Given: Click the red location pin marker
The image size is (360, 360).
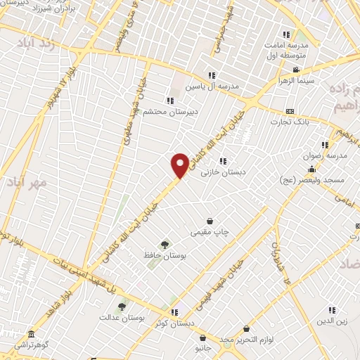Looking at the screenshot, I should (x=180, y=165).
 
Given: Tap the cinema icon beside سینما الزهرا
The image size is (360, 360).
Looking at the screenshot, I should (x=296, y=70).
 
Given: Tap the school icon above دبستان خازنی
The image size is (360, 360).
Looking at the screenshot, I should (x=223, y=161).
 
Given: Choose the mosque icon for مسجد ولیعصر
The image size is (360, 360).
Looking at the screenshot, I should (x=311, y=169).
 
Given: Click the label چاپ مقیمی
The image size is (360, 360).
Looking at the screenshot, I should (x=209, y=231).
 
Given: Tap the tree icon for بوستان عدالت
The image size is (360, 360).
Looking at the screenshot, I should (x=122, y=307).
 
